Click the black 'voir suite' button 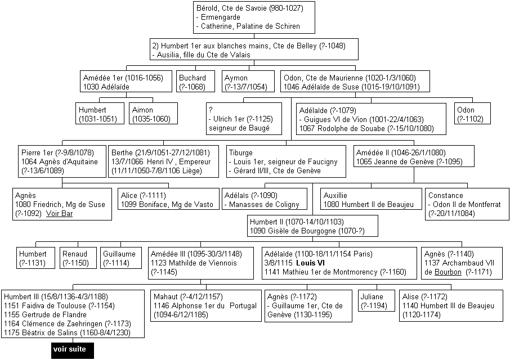coord(73,350)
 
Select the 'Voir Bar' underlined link coord(59,213)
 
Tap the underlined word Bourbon coord(448,272)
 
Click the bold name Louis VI coord(310,263)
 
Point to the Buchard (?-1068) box coord(195,81)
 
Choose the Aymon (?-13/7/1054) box coord(248,81)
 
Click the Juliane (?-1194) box coord(377,300)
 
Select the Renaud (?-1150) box coord(78,258)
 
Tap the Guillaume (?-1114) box coord(121,258)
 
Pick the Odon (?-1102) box coord(472,114)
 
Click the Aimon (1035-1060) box coord(154,114)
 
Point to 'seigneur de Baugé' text coord(239,128)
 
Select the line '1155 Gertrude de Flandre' coord(45,314)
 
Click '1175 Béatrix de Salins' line coord(68,332)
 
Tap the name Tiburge coord(241,152)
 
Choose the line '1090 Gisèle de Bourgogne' coord(307,231)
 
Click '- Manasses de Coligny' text coord(262,204)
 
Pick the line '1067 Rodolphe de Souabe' coord(366,128)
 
